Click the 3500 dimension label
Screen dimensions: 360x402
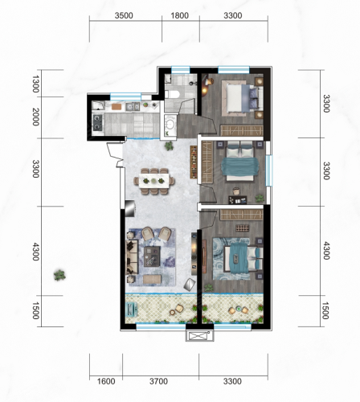pos(124,15)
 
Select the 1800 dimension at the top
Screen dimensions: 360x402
pos(180,15)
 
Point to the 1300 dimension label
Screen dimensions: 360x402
pos(35,84)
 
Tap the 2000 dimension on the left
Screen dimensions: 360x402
pos(35,117)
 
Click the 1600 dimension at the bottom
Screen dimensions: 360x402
pos(106,381)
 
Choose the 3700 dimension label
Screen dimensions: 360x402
pos(158,381)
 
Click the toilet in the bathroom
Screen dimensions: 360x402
pos(172,94)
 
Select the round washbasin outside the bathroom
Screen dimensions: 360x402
pos(170,124)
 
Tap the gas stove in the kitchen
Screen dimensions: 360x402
pos(97,122)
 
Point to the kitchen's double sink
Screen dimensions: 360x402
pos(133,107)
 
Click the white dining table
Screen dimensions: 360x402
pos(153,181)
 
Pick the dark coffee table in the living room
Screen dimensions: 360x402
pos(152,256)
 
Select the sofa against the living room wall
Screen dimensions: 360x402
pos(132,257)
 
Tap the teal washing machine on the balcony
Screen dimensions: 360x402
pos(132,310)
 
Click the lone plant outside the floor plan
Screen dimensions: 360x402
pos(59,275)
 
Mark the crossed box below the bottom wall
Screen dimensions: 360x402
pos(199,336)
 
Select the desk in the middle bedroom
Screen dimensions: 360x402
pos(238,200)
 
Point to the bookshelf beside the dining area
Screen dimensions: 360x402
pos(194,162)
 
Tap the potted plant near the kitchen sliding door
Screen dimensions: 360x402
pos(169,146)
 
